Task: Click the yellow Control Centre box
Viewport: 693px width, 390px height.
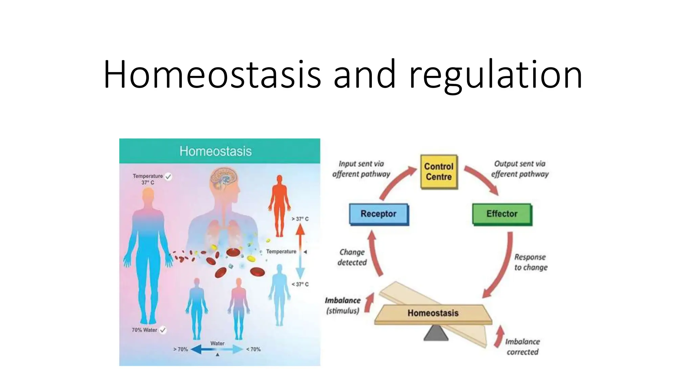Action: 439,172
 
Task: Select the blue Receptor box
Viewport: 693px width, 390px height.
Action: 378,214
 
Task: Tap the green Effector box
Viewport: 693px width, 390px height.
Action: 501,214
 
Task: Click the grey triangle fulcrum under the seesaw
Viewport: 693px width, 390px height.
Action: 436,333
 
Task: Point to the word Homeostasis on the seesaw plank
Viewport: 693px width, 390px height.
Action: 433,313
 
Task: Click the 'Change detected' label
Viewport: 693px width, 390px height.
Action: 352,257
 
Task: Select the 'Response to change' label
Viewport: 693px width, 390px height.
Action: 530,262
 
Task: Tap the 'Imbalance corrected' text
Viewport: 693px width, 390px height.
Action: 522,347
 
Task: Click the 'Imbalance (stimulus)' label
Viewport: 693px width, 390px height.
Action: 342,305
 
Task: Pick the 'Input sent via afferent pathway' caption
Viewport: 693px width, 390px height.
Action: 361,169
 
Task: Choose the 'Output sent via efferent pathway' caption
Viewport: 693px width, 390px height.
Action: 520,169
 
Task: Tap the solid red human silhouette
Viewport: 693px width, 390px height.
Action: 280,205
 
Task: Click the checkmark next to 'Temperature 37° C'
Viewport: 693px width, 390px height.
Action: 168,176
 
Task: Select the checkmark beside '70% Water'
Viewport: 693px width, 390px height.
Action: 163,330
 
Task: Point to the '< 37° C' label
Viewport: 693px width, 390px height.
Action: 300,284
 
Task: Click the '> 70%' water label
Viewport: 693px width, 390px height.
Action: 180,349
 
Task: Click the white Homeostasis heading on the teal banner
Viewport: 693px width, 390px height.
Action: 216,151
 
